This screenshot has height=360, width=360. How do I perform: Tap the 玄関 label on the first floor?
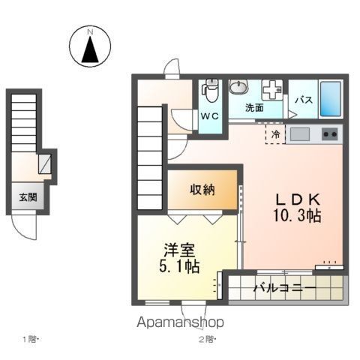pyautogui.click(x=28, y=198)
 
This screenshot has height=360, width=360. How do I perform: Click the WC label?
pyautogui.click(x=208, y=116)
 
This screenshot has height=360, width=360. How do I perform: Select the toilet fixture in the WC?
pyautogui.click(x=210, y=91)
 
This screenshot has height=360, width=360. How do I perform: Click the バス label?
pyautogui.click(x=303, y=100)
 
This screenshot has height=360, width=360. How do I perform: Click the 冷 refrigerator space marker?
pyautogui.click(x=276, y=135)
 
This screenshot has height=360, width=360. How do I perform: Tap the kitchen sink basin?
pyautogui.click(x=300, y=135)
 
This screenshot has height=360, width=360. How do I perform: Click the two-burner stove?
pyautogui.click(x=329, y=135)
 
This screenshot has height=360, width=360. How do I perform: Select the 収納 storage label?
pyautogui.click(x=202, y=190)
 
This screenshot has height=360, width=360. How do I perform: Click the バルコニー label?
pyautogui.click(x=283, y=287)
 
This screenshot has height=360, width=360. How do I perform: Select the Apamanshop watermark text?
pyautogui.click(x=179, y=322)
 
